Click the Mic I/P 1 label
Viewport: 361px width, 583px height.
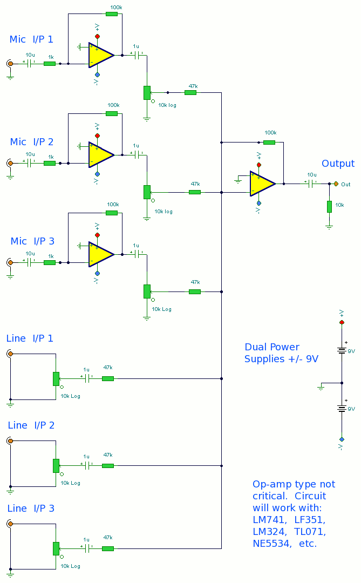click(x=31, y=39)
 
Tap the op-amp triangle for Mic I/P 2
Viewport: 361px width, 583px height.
click(x=101, y=154)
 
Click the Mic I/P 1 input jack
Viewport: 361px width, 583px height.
click(x=10, y=64)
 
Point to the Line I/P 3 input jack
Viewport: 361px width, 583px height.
click(x=10, y=524)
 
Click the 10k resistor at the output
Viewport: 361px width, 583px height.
click(x=329, y=207)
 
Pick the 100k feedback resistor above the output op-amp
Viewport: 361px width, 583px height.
click(x=269, y=143)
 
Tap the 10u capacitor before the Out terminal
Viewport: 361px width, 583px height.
click(x=311, y=184)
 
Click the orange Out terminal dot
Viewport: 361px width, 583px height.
click(x=336, y=184)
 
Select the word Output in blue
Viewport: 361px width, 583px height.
click(x=338, y=164)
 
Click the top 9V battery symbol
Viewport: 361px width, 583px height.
click(x=341, y=350)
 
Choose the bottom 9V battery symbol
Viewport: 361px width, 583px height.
click(x=341, y=409)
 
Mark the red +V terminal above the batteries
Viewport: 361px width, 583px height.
click(x=341, y=322)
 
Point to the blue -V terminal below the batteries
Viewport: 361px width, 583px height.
click(x=341, y=439)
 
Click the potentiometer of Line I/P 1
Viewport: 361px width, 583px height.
click(x=56, y=378)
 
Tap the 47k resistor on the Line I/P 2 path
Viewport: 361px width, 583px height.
click(x=108, y=465)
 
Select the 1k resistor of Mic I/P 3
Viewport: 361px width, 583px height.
click(x=50, y=262)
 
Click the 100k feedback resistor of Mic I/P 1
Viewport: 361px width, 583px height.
click(x=112, y=13)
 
